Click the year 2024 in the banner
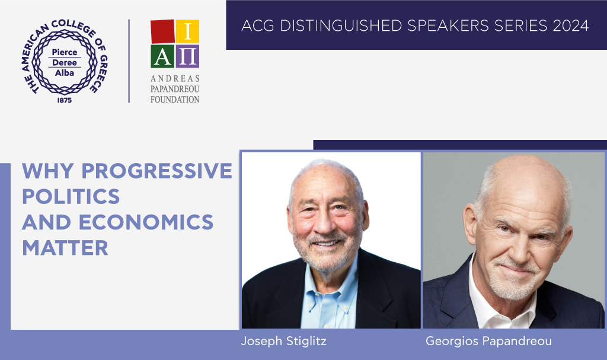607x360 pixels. click(571, 26)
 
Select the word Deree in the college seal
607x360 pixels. click(65, 62)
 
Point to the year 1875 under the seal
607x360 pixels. click(65, 100)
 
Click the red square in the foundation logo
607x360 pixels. click(162, 31)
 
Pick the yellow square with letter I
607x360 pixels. click(188, 31)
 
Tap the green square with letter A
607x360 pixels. click(162, 56)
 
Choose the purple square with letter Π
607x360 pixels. click(188, 56)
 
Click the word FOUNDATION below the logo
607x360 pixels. click(175, 100)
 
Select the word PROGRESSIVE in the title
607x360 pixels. click(156, 171)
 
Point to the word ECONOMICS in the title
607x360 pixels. click(146, 222)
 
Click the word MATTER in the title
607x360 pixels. click(65, 248)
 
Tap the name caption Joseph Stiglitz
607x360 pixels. click(284, 342)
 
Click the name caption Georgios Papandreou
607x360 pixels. click(489, 342)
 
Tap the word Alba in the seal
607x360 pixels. click(65, 73)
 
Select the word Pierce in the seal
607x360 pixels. click(65, 52)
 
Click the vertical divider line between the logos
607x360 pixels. click(129, 61)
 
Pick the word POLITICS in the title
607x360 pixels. click(71, 196)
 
